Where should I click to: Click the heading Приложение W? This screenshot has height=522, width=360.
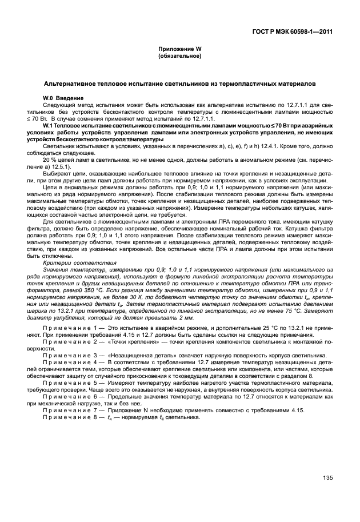pos(179,50)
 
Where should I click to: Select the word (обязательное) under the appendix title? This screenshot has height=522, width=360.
pos(179,57)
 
